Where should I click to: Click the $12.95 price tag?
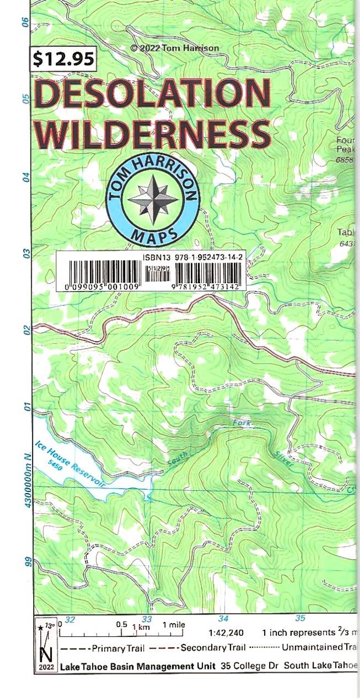63,59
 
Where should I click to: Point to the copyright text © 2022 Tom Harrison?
174,48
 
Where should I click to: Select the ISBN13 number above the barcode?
192,257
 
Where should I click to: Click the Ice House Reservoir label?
69,463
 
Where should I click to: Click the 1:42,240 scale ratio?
226,633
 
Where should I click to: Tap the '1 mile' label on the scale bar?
173,625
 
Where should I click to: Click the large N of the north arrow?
46,654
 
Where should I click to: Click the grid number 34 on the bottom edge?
223,618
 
